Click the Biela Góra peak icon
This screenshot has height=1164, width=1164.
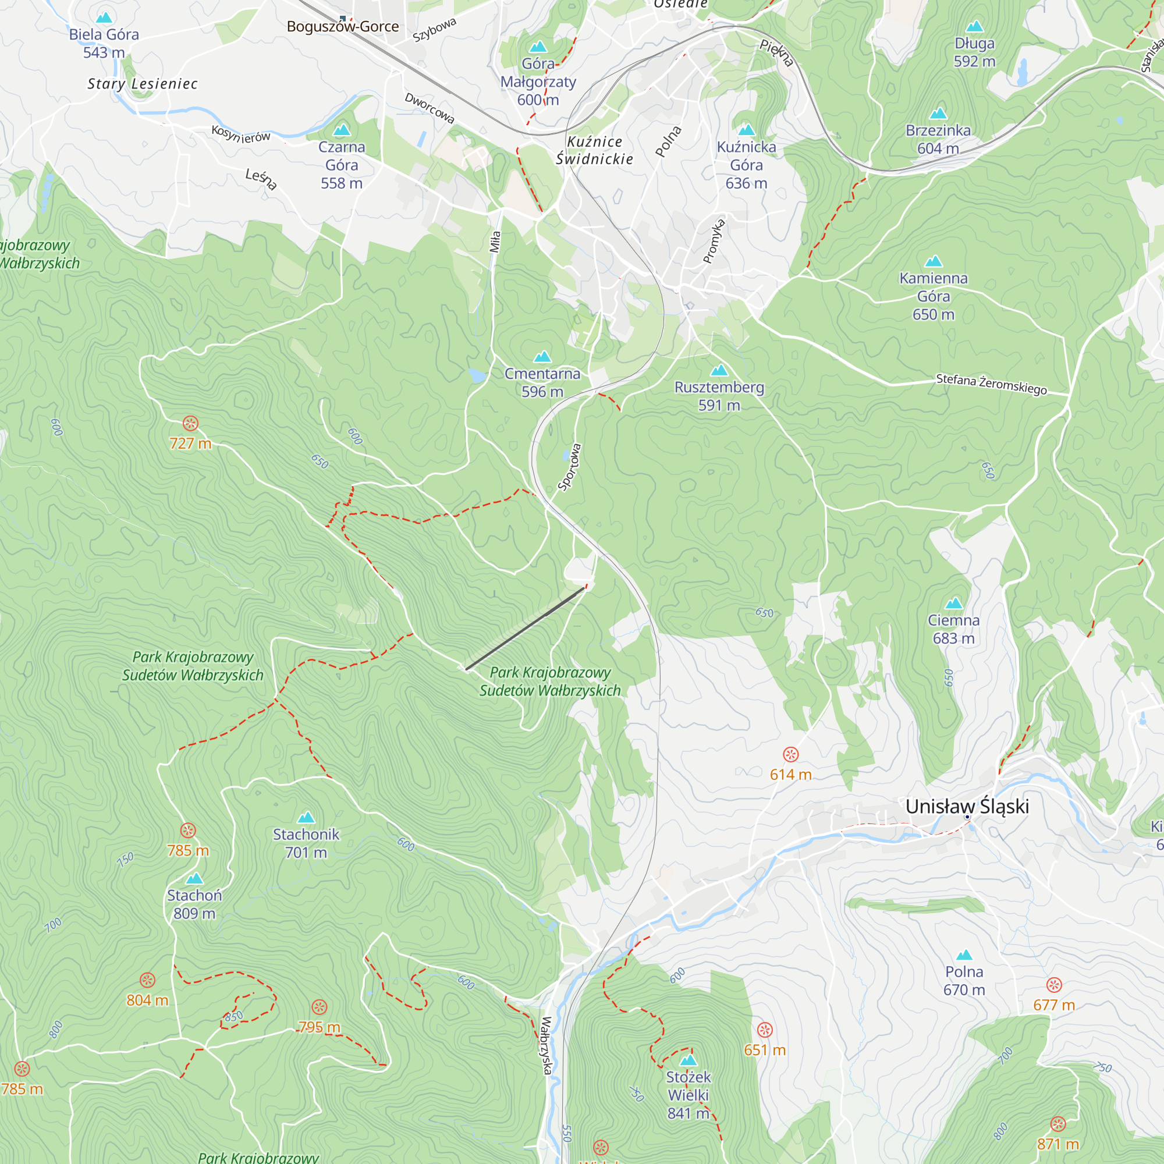click(104, 18)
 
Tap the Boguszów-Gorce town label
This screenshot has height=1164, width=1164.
click(342, 27)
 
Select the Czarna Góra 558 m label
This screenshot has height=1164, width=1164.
click(342, 165)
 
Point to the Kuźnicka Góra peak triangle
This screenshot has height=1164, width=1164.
click(747, 130)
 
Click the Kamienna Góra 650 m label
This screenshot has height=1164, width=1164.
click(934, 296)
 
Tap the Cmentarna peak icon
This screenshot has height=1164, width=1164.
click(542, 357)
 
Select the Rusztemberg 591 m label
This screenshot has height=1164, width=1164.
click(719, 396)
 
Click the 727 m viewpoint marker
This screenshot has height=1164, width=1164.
click(190, 424)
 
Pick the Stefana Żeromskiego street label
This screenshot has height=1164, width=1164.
click(991, 384)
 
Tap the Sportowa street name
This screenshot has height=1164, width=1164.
click(569, 467)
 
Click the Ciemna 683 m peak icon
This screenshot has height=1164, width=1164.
click(954, 603)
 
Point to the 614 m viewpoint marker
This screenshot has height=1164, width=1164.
click(790, 754)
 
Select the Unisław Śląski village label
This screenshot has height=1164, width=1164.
click(966, 806)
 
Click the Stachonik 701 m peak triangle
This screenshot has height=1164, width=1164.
click(306, 818)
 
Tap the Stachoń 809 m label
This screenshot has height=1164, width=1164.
click(194, 904)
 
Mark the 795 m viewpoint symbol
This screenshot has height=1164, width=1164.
click(320, 1007)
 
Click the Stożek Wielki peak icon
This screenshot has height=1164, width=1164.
click(688, 1060)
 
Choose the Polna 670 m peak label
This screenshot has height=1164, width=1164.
click(964, 980)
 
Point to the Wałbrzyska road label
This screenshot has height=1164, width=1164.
click(546, 1045)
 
